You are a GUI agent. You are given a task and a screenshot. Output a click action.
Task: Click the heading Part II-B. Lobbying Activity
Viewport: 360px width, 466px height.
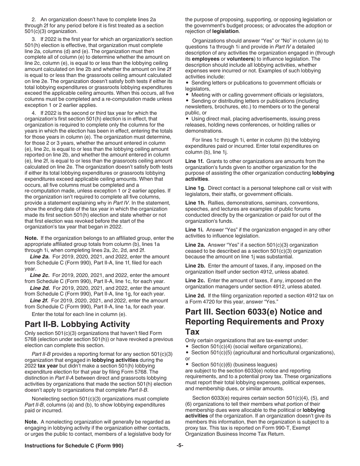click(77, 324)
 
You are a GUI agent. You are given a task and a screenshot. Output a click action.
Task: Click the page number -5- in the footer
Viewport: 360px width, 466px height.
click(180, 446)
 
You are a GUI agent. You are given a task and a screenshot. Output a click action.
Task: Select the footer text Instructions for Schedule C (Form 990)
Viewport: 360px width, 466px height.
click(74, 446)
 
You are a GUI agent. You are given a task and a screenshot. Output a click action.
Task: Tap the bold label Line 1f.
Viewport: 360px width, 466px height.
click(194, 161)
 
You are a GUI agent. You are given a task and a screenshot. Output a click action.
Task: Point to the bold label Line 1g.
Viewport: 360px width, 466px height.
click(195, 188)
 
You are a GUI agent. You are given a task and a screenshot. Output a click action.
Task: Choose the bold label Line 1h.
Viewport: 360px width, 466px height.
click(195, 203)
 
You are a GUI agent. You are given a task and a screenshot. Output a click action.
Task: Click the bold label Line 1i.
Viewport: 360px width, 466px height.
click(194, 230)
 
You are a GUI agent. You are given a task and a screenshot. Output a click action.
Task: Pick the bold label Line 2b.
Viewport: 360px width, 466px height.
click(195, 266)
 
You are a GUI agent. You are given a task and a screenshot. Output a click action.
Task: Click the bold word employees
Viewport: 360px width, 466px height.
click(205, 59)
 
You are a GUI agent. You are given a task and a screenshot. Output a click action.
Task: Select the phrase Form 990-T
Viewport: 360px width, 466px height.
click(285, 428)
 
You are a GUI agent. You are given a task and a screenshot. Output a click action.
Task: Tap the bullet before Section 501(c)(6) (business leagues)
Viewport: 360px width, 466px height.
click(188, 365)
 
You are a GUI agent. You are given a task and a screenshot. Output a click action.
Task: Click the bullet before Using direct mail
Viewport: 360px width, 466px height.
click(188, 119)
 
